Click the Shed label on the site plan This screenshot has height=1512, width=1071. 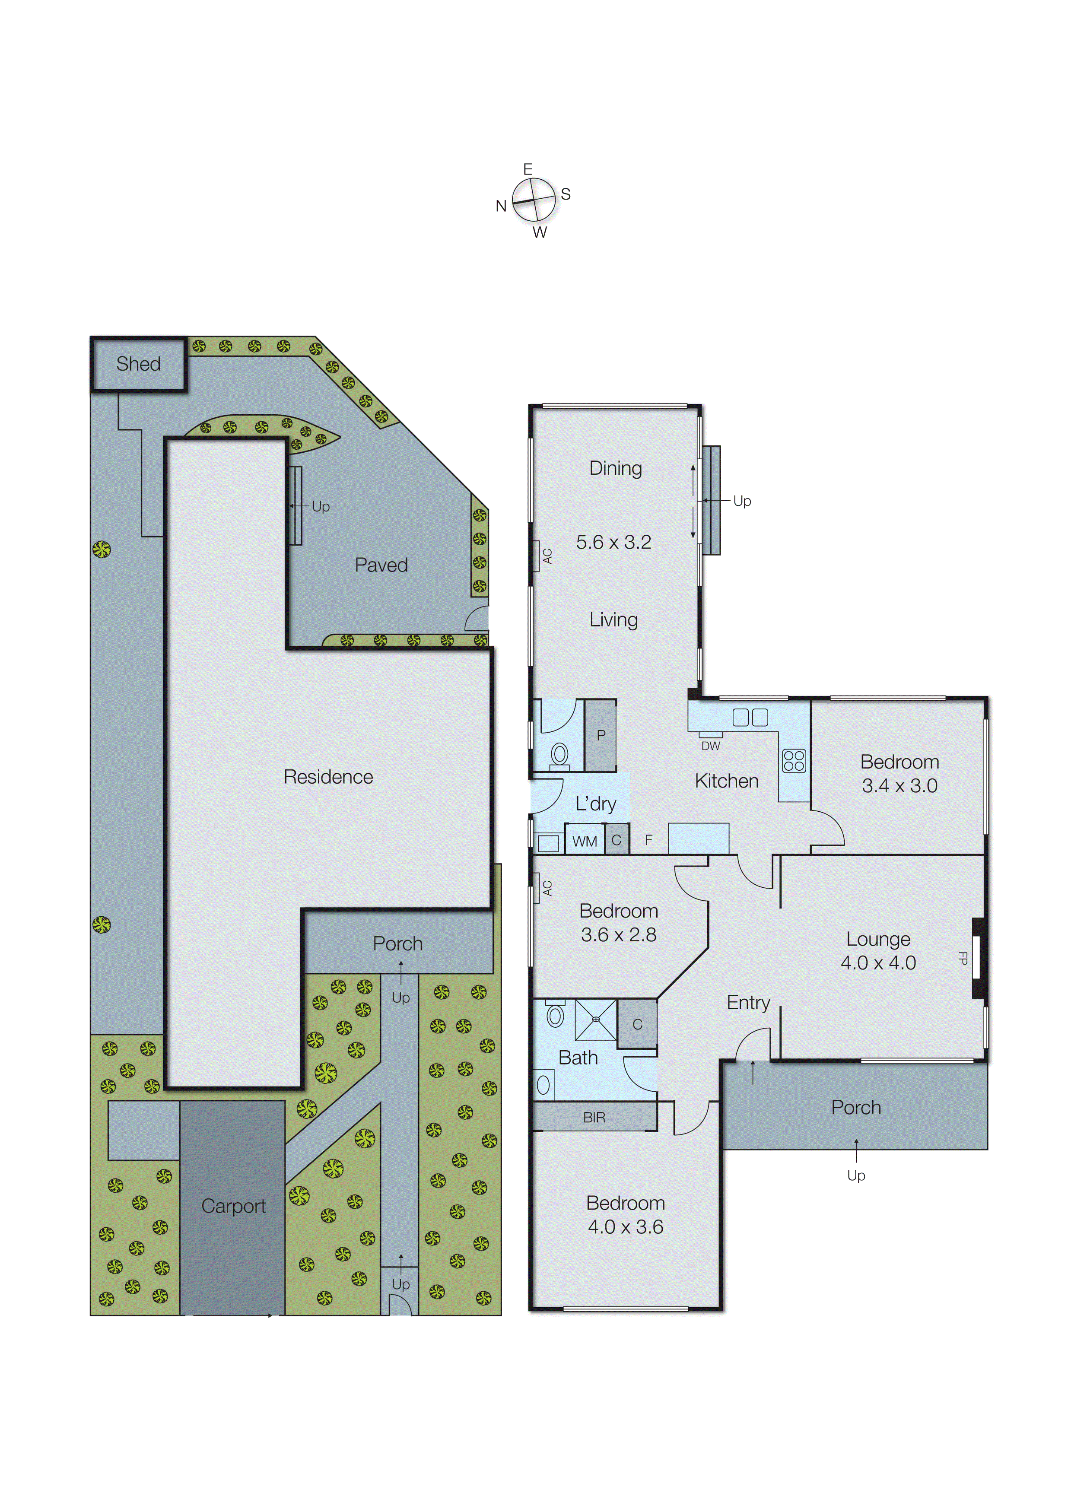[x=139, y=364]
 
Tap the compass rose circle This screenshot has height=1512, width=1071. [x=534, y=200]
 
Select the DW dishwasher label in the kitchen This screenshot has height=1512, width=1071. [x=710, y=746]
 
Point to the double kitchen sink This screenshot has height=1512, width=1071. [x=750, y=718]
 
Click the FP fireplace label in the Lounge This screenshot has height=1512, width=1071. [x=963, y=958]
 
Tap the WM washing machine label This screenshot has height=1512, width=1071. [x=584, y=842]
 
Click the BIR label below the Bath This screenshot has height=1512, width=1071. [x=594, y=1118]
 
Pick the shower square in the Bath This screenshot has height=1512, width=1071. [x=595, y=1020]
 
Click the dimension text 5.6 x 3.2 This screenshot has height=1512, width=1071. [x=613, y=542]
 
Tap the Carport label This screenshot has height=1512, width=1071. [x=233, y=1206]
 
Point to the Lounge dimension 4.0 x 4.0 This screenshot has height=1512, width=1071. [x=878, y=963]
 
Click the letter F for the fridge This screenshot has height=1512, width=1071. [x=648, y=840]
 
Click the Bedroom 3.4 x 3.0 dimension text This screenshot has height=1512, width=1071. [x=899, y=785]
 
